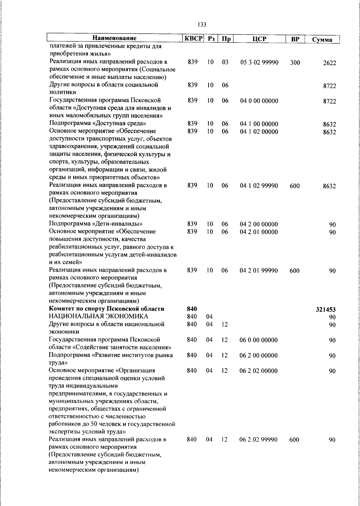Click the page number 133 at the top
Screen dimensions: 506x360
pos(202,25)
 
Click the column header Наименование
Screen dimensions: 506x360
pos(114,38)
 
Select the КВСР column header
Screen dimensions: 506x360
pos(193,38)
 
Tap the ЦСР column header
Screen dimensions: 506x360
pos(259,39)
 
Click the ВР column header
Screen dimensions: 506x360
pos(295,39)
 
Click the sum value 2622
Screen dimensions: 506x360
pos(329,63)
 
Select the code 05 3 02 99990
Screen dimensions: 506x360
pos(259,62)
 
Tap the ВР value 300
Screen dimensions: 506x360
pos(295,63)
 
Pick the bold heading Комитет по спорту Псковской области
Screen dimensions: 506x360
pos(107,309)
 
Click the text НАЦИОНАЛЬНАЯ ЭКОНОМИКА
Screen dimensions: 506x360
pos(99,316)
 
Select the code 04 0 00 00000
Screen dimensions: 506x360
pos(259,101)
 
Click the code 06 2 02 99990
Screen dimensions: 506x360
pos(258,440)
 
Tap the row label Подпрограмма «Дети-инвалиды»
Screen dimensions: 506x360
pos(96,224)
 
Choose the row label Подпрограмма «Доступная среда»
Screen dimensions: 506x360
pos(98,123)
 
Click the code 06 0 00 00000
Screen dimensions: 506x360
pos(258,340)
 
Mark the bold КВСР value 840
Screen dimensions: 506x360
pos(192,309)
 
